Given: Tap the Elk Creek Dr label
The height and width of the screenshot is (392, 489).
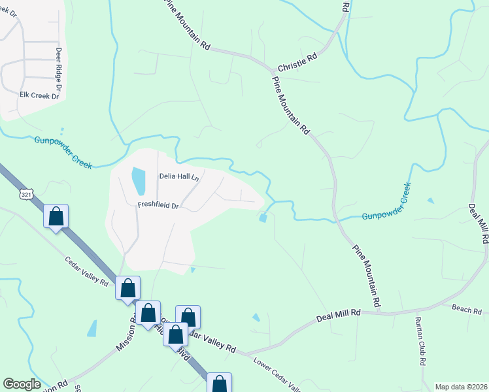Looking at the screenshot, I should [39, 95].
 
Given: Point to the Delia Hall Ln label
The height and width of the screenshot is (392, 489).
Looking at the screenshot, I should [178, 176].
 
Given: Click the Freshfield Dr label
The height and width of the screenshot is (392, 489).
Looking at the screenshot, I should [158, 204].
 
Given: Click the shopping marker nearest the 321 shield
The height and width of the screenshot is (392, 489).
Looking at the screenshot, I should [56, 216].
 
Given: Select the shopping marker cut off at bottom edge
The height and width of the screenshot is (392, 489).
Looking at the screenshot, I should [219, 383].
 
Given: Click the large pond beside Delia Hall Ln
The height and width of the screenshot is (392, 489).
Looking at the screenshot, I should [139, 181].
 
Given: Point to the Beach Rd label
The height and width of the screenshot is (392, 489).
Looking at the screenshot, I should [466, 308].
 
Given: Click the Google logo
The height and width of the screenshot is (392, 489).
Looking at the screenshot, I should [22, 384].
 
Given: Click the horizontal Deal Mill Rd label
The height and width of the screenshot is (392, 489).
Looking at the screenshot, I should [339, 314].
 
